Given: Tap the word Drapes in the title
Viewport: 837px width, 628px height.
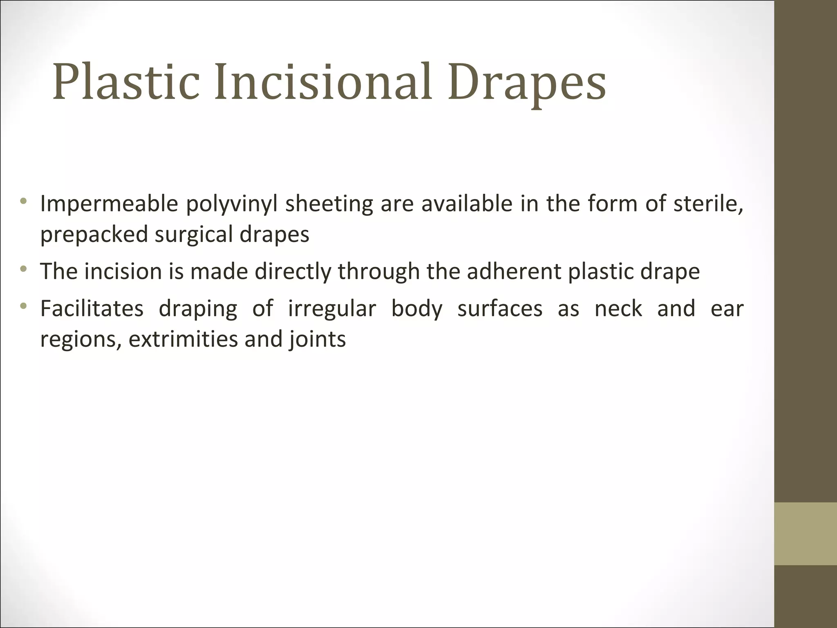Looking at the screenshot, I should click(x=527, y=84).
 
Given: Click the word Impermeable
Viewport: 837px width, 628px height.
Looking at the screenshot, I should click(x=109, y=204).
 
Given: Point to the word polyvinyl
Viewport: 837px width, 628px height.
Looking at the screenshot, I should click(x=232, y=204).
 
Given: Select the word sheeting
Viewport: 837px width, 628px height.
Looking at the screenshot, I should click(x=329, y=204).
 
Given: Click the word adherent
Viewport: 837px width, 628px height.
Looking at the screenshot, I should click(x=514, y=271).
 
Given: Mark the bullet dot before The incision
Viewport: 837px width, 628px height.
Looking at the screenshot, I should click(x=23, y=269).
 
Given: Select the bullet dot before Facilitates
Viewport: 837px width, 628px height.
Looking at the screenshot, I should click(x=23, y=305).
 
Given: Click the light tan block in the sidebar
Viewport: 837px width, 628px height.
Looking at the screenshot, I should click(x=806, y=534).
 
